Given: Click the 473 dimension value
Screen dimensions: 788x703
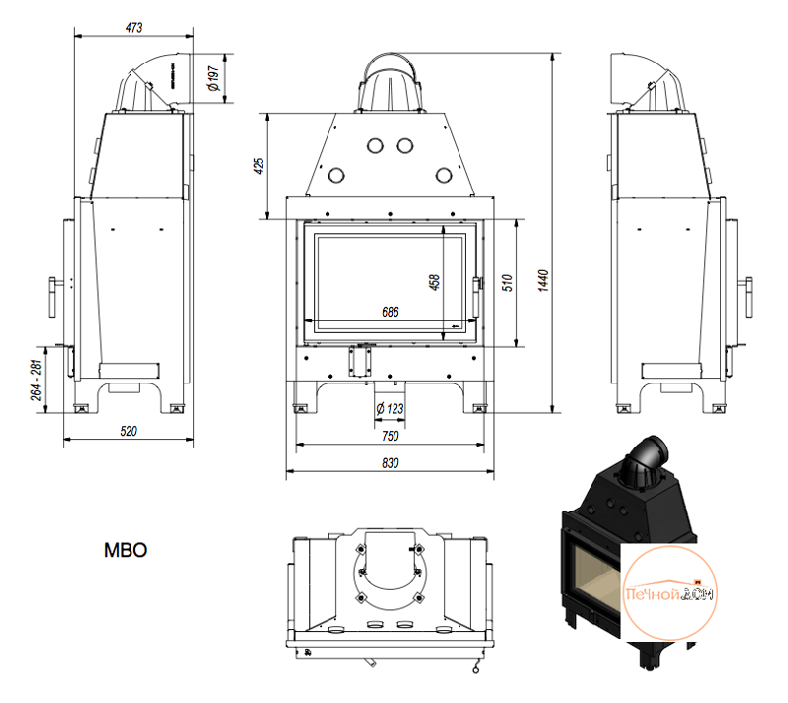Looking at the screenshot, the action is click(x=134, y=28).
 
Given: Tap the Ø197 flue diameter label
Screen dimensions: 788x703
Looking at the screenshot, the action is click(x=214, y=79).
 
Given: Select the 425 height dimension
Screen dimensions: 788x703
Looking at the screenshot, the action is click(x=259, y=166).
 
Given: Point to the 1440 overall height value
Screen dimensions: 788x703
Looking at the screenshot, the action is click(x=543, y=281).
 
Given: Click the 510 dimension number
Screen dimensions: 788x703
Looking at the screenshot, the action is click(x=507, y=283).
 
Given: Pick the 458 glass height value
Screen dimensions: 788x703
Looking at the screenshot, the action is click(x=434, y=282).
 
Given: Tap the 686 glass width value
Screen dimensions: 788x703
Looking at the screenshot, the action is click(x=390, y=312).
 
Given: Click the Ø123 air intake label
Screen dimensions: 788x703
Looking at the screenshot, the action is click(x=390, y=409).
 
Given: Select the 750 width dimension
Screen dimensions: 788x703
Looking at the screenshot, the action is click(x=390, y=436).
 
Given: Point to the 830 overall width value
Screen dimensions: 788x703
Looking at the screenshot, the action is click(x=390, y=463).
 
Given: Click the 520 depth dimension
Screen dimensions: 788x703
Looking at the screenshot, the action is click(x=129, y=431).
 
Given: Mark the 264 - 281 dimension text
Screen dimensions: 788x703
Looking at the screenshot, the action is click(x=36, y=380).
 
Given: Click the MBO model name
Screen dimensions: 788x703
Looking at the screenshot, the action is click(x=126, y=550).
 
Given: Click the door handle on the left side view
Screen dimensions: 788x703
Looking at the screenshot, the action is click(x=53, y=297).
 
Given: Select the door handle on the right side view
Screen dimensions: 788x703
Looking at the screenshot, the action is click(x=748, y=297).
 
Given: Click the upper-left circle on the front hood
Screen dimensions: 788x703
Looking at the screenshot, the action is click(x=375, y=146).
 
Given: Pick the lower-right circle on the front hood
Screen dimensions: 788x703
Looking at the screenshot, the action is click(x=444, y=175).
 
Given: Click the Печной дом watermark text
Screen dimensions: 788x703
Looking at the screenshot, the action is click(x=670, y=594).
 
